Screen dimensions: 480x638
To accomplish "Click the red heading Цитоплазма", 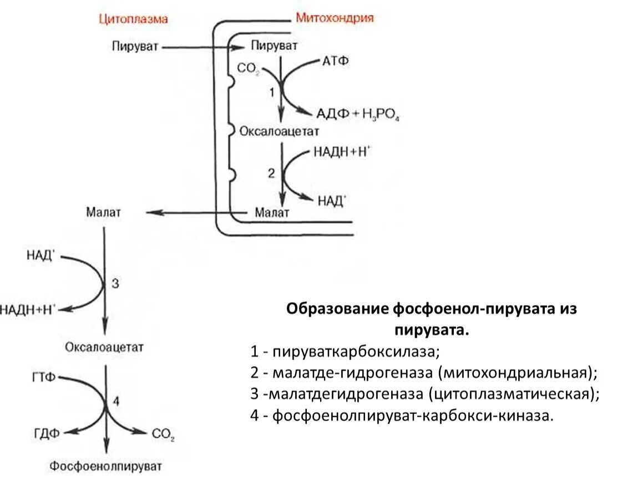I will click(x=133, y=19).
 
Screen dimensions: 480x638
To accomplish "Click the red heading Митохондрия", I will click(x=335, y=18).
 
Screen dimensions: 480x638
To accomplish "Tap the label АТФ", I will click(x=335, y=61).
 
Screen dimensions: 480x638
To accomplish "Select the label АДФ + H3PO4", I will click(x=358, y=114).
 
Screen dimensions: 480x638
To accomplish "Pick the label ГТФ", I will click(x=44, y=378).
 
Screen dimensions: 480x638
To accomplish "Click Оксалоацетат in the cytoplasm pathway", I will click(x=104, y=348).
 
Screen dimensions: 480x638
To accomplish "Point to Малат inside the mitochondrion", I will click(x=272, y=213).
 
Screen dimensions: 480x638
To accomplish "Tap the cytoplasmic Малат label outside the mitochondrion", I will click(x=103, y=213).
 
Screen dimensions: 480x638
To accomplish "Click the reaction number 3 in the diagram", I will click(x=115, y=284).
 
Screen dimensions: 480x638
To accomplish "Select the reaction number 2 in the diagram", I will click(x=271, y=173).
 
